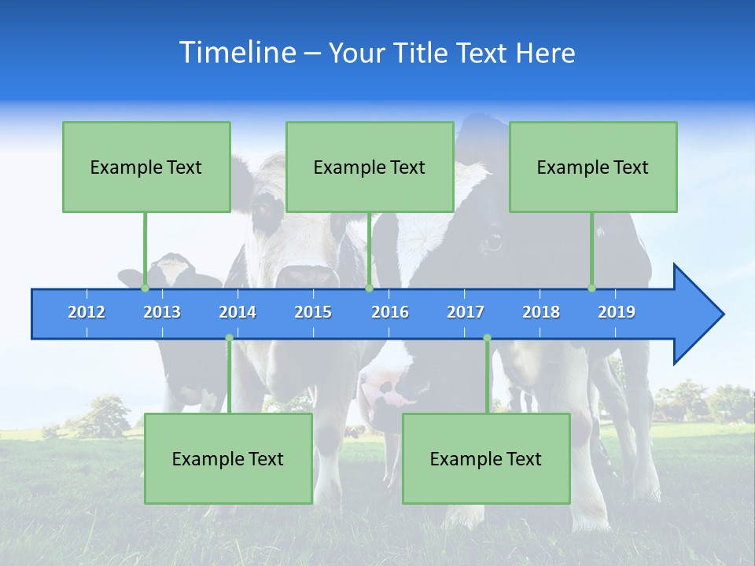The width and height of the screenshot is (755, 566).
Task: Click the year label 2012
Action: tap(87, 312)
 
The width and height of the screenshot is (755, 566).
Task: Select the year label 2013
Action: tap(162, 312)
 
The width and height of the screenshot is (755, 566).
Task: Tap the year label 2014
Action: tap(238, 312)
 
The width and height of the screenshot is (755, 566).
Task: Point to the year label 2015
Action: tap(313, 312)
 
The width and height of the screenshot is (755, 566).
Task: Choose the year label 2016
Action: tap(390, 312)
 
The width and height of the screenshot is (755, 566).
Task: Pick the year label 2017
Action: tap(466, 312)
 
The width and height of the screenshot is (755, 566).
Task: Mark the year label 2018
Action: tap(541, 312)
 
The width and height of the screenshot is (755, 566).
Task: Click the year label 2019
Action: tap(617, 312)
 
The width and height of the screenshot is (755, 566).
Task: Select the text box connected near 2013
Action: tap(146, 167)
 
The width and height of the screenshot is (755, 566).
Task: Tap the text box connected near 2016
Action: tap(370, 167)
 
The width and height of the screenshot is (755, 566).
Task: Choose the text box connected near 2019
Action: tap(593, 167)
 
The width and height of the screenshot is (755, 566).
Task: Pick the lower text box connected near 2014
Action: tap(228, 458)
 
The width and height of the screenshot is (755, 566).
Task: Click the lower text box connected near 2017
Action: tap(486, 458)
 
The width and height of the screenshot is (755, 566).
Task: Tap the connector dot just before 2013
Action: tap(145, 288)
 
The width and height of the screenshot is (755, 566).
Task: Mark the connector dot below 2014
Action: tap(229, 338)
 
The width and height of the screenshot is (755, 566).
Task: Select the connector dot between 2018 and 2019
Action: tap(591, 288)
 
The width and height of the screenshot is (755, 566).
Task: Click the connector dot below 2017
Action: tap(487, 338)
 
